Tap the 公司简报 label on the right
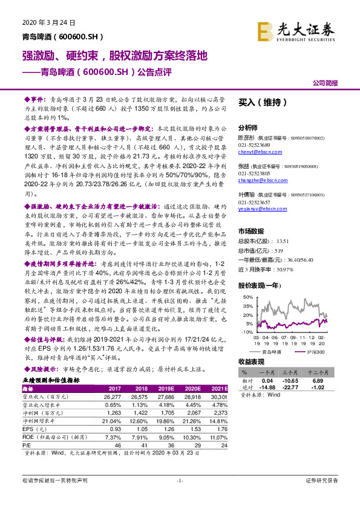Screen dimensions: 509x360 325,83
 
